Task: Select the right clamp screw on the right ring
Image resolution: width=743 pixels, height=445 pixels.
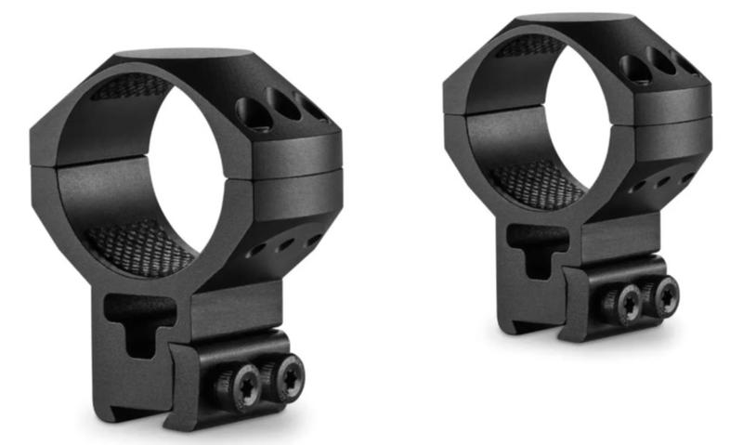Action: [665, 295]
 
